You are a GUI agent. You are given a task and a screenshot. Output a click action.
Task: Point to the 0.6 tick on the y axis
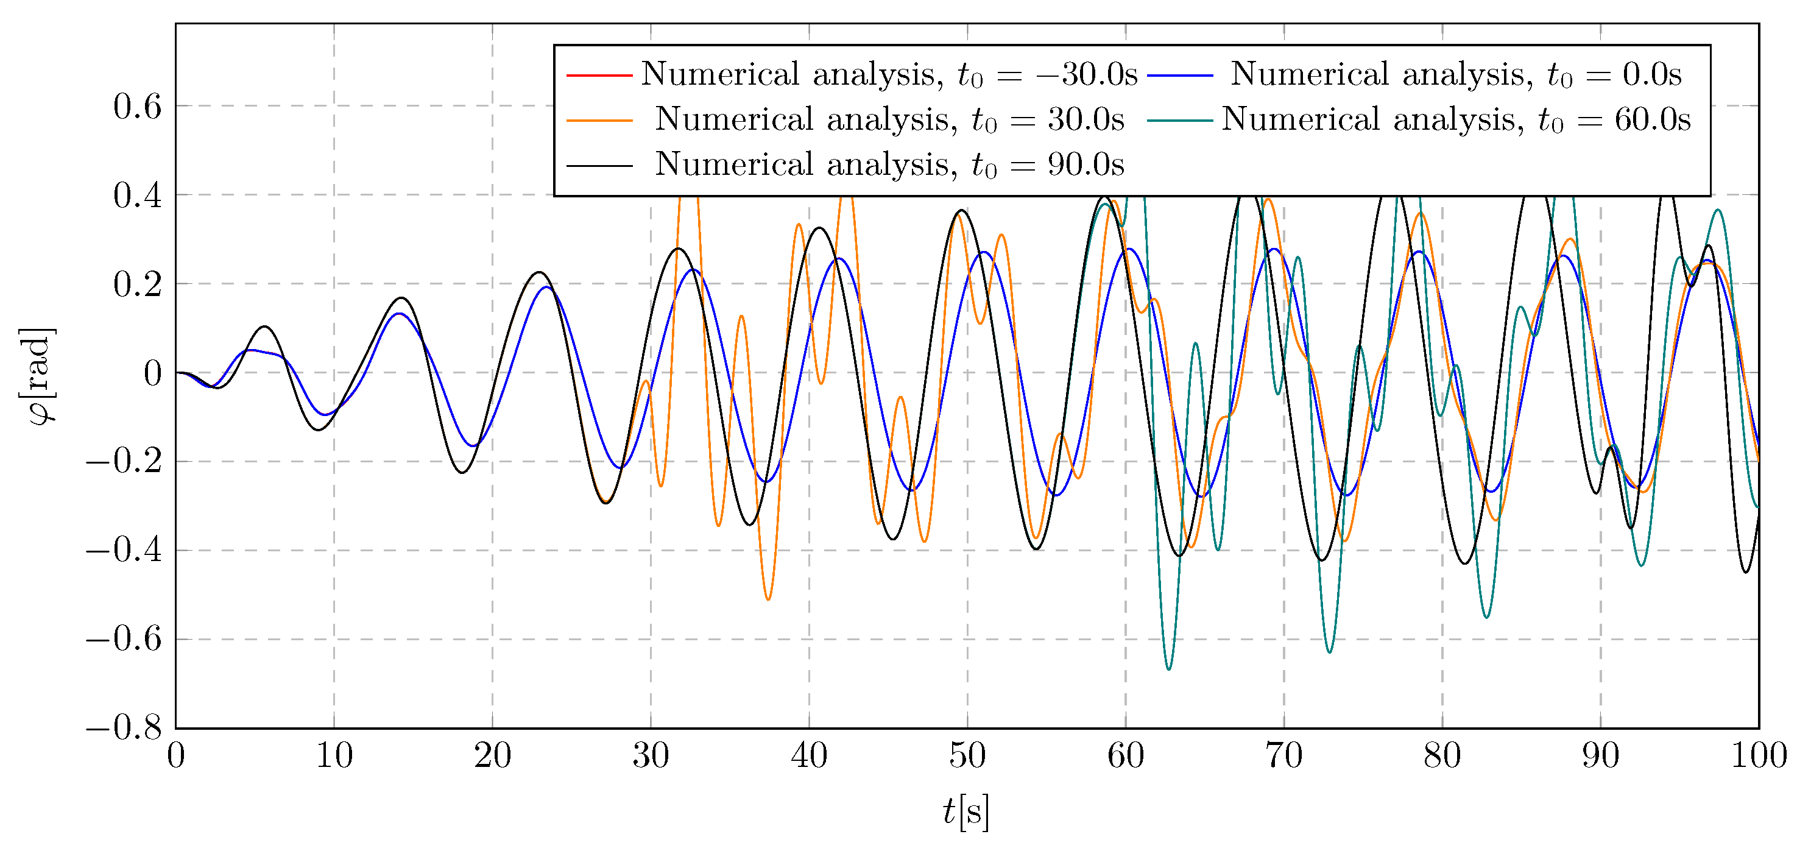tap(137, 107)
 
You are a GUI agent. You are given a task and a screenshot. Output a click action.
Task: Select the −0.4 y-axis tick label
tap(124, 551)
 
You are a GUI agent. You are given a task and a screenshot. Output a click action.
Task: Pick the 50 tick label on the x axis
tap(967, 757)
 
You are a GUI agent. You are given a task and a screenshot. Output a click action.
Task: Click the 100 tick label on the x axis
tap(1758, 757)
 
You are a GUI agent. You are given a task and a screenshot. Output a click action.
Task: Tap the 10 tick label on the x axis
tap(334, 757)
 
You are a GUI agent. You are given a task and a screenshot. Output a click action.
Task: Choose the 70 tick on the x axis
tap(1283, 757)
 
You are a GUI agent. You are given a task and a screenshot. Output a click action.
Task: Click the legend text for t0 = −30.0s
tap(889, 74)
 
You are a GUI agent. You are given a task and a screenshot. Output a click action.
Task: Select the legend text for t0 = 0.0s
tap(1456, 74)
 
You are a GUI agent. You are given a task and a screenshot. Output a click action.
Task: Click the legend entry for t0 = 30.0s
tap(889, 120)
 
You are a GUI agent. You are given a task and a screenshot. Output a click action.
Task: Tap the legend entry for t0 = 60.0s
tap(1456, 120)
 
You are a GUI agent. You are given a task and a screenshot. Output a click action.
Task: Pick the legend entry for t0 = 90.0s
tap(889, 165)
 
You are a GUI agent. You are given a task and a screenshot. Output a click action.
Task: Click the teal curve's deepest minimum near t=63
tap(1168, 669)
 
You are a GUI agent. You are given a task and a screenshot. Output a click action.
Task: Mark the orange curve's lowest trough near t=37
tap(768, 599)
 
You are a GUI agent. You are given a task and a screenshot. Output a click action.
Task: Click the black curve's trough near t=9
tap(319, 429)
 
